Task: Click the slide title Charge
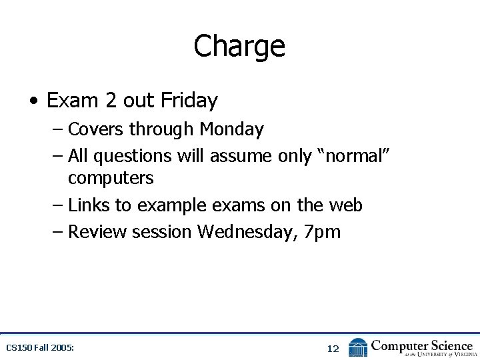[x=239, y=46]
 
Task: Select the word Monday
[x=232, y=129]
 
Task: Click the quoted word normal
[x=354, y=156]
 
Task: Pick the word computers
[x=111, y=179]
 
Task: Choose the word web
[x=344, y=205]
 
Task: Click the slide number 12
[x=333, y=349]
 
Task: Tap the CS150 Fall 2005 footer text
[x=40, y=348]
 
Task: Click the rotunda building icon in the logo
[x=358, y=347]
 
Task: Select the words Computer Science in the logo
[x=421, y=345]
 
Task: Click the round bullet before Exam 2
[x=33, y=101]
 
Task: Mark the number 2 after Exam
[x=111, y=101]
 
